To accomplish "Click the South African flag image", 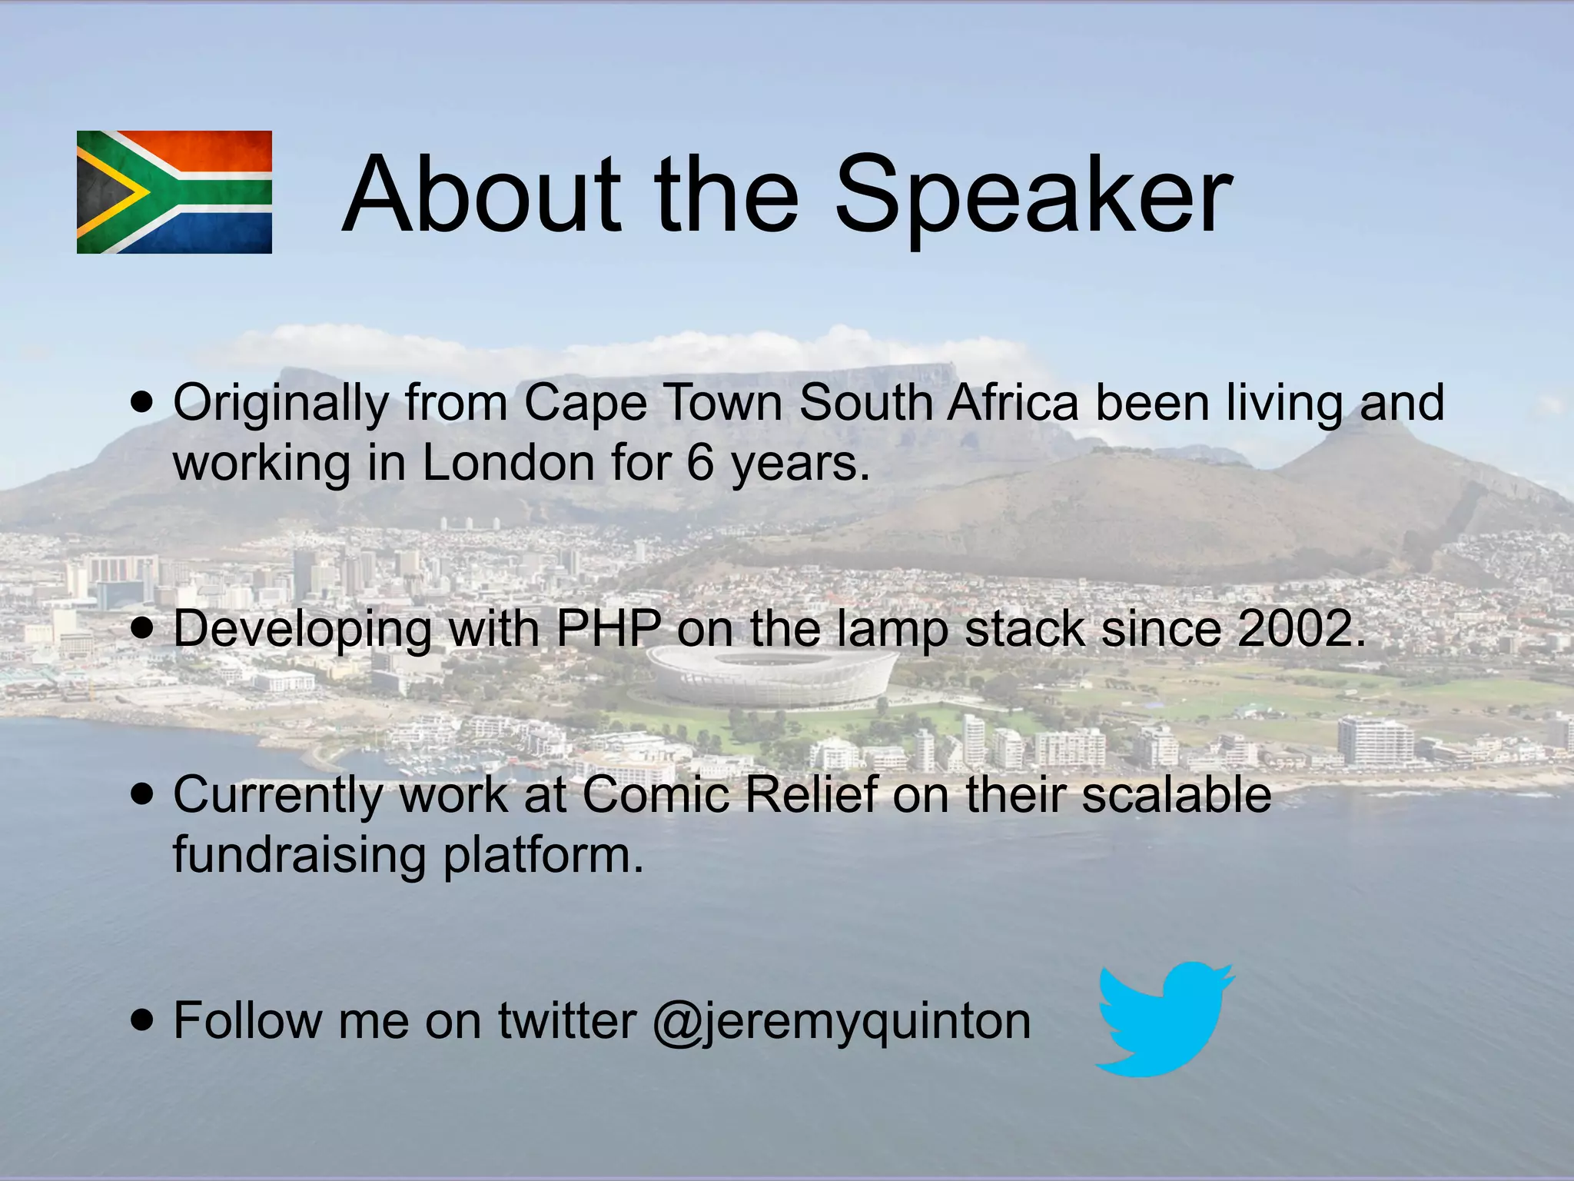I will pyautogui.click(x=174, y=192).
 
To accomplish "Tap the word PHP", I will pyautogui.click(x=607, y=629).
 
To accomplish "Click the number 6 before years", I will pyautogui.click(x=700, y=464).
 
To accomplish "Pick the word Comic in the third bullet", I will pyautogui.click(x=656, y=794).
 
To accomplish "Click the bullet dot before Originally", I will pyautogui.click(x=142, y=401).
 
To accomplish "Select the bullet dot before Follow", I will pyautogui.click(x=142, y=1021).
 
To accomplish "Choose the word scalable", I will pyautogui.click(x=1176, y=794).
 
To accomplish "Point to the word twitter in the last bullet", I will pyautogui.click(x=566, y=1021).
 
